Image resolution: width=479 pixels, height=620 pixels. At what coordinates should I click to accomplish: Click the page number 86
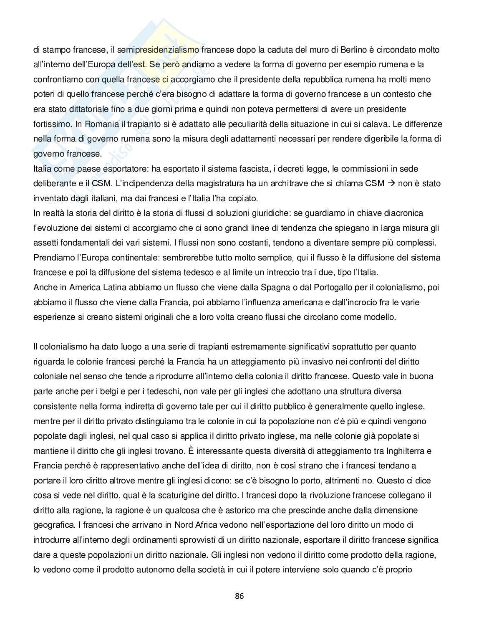[x=239, y=596]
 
